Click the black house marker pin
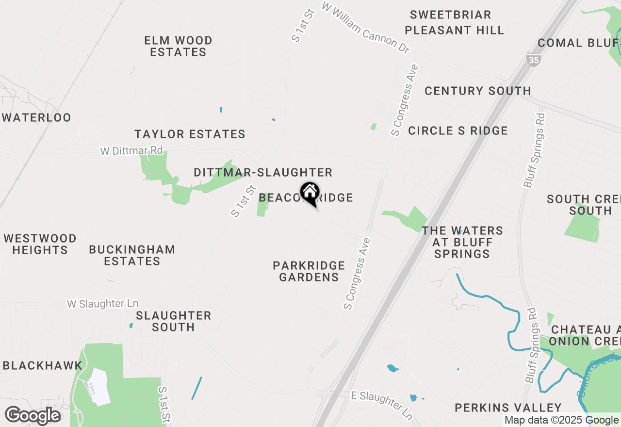(310, 193)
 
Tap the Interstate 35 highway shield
(533, 59)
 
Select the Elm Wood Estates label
(179, 46)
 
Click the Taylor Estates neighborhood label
(190, 134)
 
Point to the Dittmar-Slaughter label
(263, 172)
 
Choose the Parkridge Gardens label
(309, 271)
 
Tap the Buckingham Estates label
(132, 255)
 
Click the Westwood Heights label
(40, 244)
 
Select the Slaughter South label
(173, 321)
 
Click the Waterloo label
(36, 117)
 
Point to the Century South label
(477, 91)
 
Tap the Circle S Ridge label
(458, 131)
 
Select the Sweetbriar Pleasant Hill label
(454, 22)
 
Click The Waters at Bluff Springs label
(462, 242)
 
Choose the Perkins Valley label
(508, 408)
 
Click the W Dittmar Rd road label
(131, 151)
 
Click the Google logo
(33, 416)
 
